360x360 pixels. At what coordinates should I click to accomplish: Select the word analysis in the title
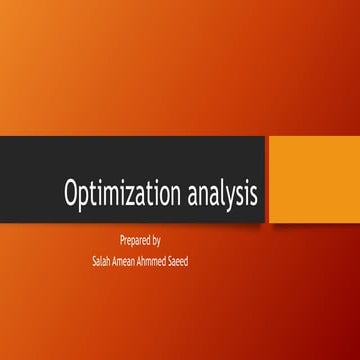223,193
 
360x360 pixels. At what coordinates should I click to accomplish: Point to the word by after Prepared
157,241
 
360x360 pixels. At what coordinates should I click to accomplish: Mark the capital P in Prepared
122,240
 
